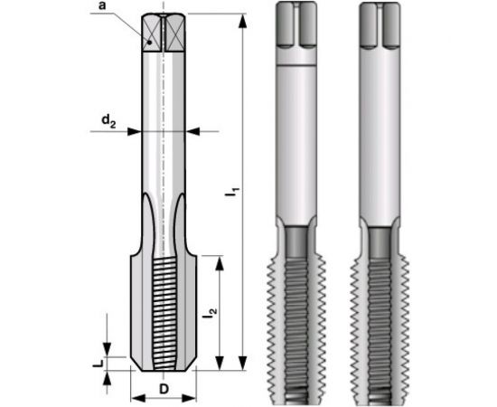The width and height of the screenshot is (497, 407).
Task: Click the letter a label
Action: click(x=104, y=9)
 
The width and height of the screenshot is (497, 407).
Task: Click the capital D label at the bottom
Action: click(x=164, y=388)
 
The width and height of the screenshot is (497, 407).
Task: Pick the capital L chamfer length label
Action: click(x=97, y=362)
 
